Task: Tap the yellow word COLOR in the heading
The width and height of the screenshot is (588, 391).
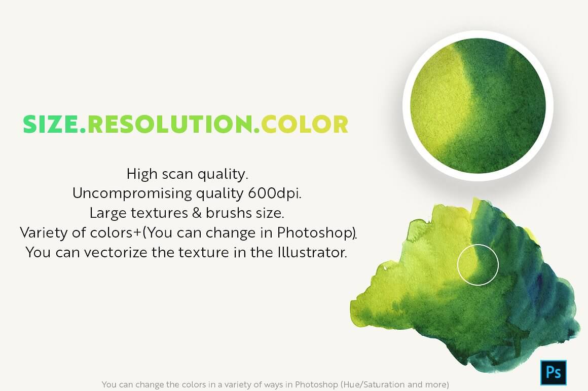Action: (x=305, y=124)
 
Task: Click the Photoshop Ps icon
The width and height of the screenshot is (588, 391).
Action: (x=553, y=372)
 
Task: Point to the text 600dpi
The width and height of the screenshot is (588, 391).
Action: (x=275, y=193)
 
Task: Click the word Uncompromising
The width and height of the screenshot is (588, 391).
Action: (x=132, y=194)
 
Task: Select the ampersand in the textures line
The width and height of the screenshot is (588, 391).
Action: (x=197, y=213)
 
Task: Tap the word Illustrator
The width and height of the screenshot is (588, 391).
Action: (x=312, y=252)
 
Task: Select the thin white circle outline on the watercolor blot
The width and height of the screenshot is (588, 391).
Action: (x=478, y=244)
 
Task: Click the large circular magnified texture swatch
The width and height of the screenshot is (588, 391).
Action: (x=478, y=106)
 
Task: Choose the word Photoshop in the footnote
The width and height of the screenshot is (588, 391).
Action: (x=316, y=384)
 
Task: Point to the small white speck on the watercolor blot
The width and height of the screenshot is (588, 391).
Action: (x=385, y=268)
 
